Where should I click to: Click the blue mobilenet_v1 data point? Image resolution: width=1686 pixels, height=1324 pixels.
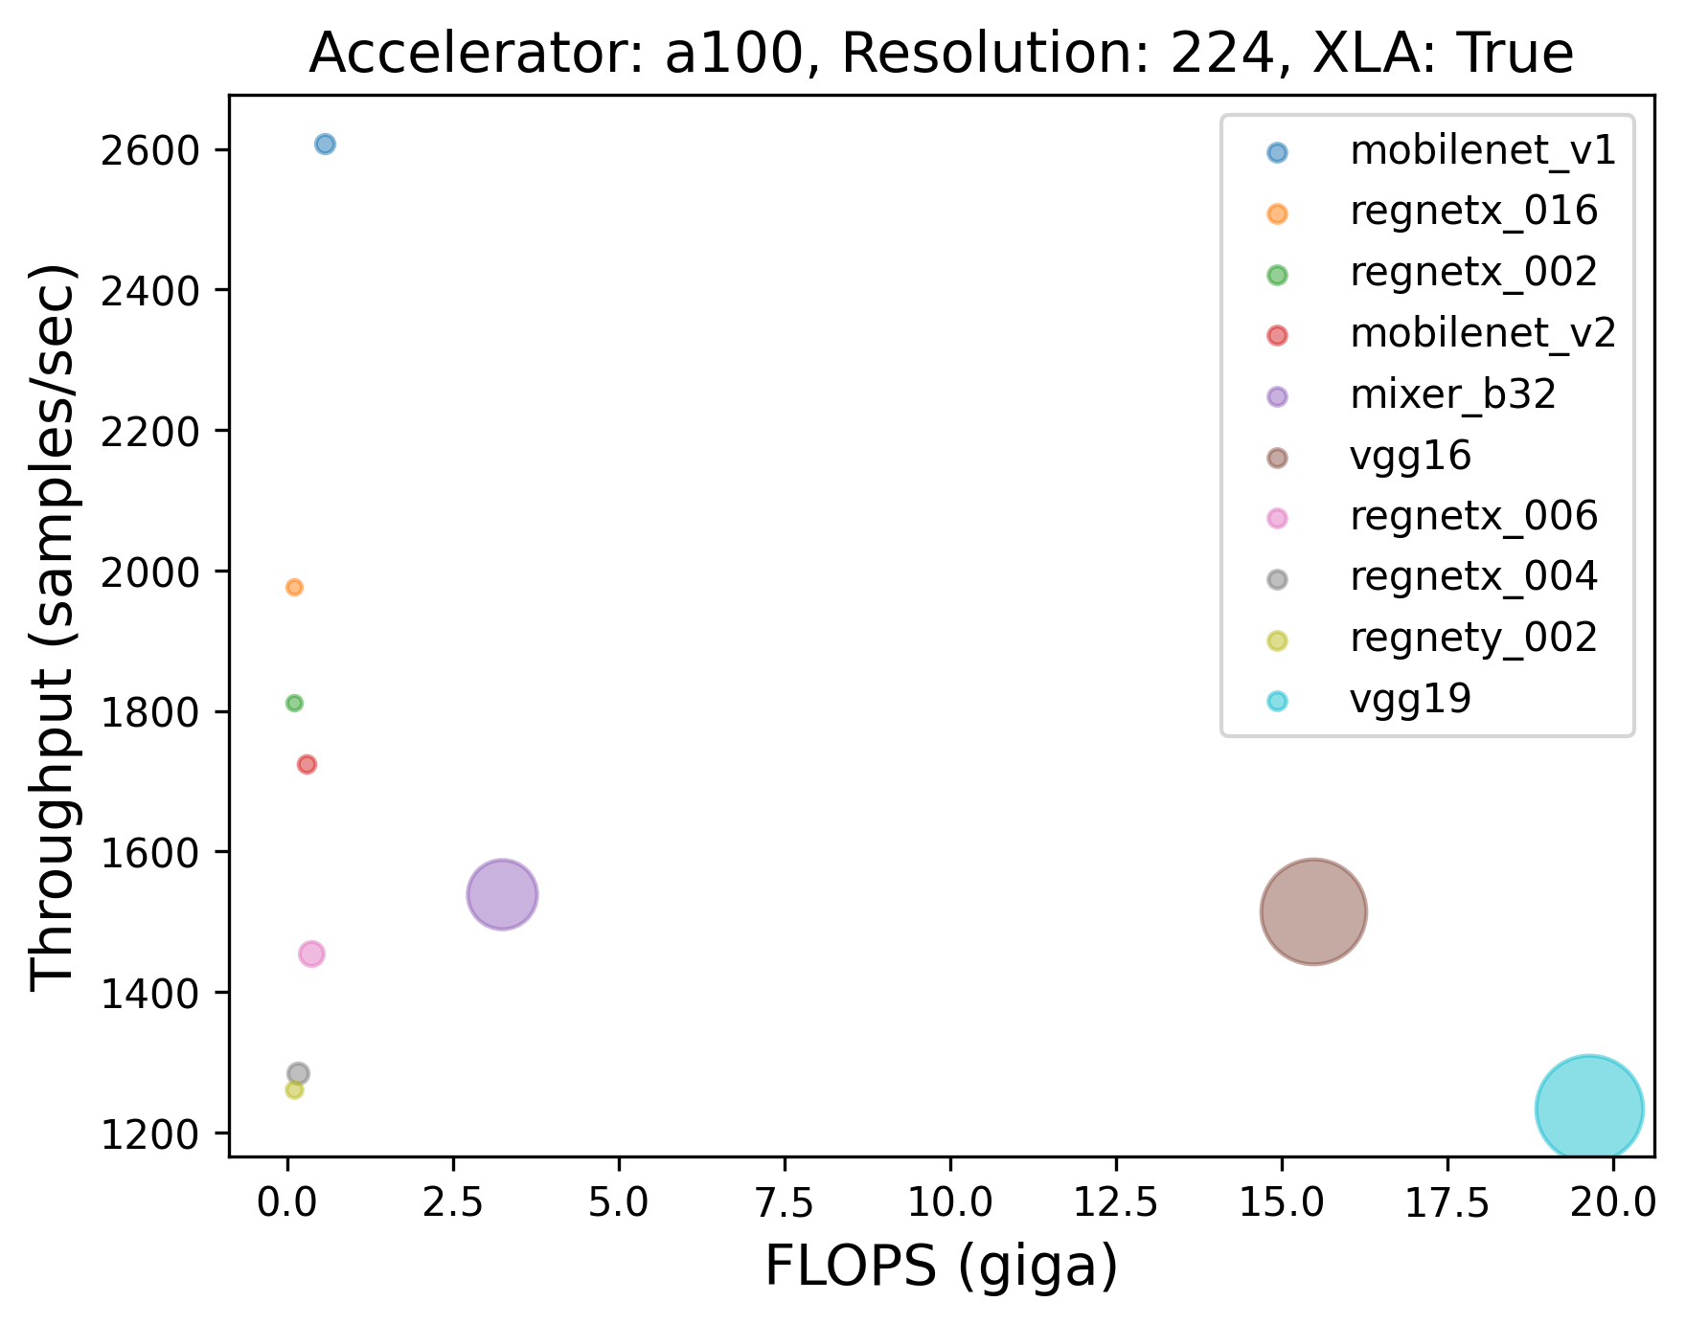point(325,145)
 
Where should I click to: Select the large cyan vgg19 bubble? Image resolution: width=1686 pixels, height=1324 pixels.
point(1589,1109)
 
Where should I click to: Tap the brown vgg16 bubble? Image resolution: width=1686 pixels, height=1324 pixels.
point(1313,912)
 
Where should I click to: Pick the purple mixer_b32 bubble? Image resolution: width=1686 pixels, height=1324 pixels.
point(501,895)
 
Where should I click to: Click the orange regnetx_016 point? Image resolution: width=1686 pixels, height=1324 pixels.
point(294,587)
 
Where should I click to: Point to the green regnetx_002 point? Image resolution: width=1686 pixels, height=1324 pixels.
point(294,703)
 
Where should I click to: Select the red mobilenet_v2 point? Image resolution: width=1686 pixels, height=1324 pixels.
point(307,764)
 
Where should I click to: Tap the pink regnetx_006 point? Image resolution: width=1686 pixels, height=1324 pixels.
point(311,954)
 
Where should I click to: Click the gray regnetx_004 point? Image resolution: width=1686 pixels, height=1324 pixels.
point(298,1073)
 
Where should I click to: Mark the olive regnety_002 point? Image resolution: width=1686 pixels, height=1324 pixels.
point(294,1089)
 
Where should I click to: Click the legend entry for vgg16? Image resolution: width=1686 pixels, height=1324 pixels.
point(1409,456)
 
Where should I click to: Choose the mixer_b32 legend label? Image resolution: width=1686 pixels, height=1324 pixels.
point(1452,394)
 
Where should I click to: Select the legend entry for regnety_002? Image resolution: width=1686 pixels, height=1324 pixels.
point(1473,638)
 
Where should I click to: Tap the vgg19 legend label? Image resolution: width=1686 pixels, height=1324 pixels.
point(1409,699)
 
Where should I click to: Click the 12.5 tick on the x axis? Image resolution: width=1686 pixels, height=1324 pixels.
point(1115,1203)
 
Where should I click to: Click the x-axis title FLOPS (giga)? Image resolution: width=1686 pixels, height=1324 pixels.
point(941,1268)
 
